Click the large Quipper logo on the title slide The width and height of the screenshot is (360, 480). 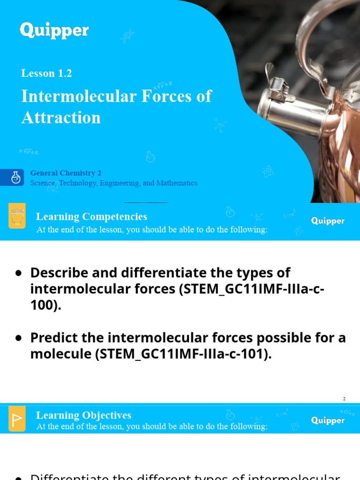coord(54,31)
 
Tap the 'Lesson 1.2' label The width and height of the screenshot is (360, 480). coord(46,73)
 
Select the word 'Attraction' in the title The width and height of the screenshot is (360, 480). coord(61,117)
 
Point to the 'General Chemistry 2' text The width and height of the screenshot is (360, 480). coord(66,173)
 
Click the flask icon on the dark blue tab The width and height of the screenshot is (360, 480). coord(16,178)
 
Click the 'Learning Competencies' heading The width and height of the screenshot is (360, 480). coord(91,217)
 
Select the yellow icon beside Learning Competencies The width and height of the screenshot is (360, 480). coord(17,216)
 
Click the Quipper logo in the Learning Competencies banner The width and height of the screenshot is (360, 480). coord(328,221)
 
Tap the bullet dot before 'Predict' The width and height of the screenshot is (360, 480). coord(19,337)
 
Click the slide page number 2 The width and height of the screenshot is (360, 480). coord(344,398)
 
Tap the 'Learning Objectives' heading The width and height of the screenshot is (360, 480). coord(83,415)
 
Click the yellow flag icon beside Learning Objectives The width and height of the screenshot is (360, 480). coord(17,419)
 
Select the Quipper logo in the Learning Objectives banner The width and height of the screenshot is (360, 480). coord(328,420)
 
